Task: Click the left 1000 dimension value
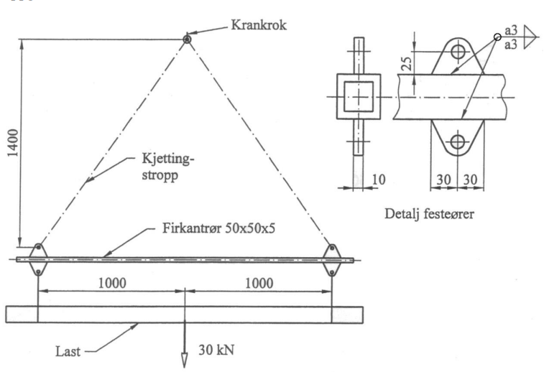pyautogui.click(x=114, y=282)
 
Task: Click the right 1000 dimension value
pyautogui.click(x=260, y=282)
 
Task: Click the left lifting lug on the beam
pyautogui.click(x=37, y=259)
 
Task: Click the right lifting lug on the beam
pyautogui.click(x=332, y=259)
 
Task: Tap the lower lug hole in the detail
pyautogui.click(x=456, y=141)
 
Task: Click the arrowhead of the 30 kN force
pyautogui.click(x=185, y=363)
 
